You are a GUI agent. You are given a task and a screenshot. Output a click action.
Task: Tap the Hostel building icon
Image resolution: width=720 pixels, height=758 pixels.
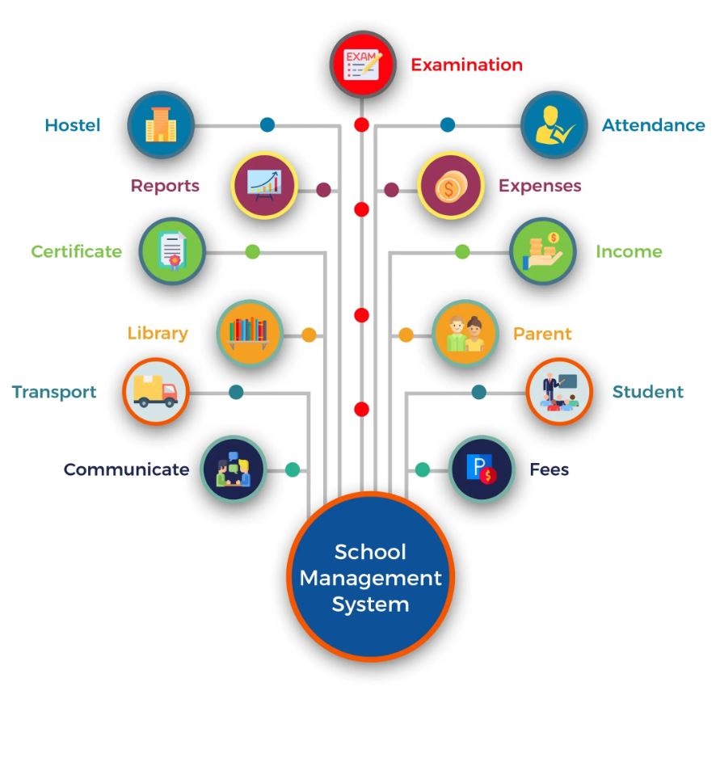pyautogui.click(x=161, y=125)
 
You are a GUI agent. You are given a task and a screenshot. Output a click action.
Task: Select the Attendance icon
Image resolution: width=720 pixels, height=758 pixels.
pyautogui.click(x=554, y=125)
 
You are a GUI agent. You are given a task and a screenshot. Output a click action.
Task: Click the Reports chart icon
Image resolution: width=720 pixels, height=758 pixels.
pyautogui.click(x=264, y=186)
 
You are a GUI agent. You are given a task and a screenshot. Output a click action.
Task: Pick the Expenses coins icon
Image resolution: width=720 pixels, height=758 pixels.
pyautogui.click(x=450, y=186)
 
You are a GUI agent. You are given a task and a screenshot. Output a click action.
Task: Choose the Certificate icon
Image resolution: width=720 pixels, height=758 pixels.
pyautogui.click(x=172, y=251)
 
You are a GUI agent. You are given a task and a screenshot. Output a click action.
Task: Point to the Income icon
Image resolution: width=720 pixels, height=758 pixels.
pyautogui.click(x=542, y=251)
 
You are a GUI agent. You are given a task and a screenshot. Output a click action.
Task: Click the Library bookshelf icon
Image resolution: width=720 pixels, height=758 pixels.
pyautogui.click(x=250, y=333)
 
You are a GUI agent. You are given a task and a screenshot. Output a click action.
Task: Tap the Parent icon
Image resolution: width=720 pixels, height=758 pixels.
pyautogui.click(x=465, y=333)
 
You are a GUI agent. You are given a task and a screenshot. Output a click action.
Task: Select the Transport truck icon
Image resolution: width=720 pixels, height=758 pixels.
pyautogui.click(x=155, y=392)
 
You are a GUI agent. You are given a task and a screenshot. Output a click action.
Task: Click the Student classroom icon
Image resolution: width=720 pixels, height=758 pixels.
pyautogui.click(x=559, y=392)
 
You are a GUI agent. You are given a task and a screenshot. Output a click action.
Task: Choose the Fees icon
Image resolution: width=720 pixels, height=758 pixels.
pyautogui.click(x=482, y=470)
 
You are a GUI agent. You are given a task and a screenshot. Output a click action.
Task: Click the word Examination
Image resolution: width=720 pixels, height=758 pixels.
pyautogui.click(x=466, y=65)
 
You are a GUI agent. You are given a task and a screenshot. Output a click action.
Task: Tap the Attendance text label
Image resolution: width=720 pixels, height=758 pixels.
pyautogui.click(x=653, y=125)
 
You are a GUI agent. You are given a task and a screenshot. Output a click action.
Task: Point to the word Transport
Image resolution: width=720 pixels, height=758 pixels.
pyautogui.click(x=54, y=392)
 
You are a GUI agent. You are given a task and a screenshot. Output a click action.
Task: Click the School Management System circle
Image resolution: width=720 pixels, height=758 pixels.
pyautogui.click(x=371, y=577)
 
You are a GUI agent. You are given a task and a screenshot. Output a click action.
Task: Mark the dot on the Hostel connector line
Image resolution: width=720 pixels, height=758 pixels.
pyautogui.click(x=267, y=125)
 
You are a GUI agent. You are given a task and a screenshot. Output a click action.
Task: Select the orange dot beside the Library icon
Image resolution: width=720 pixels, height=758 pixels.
pyautogui.click(x=309, y=335)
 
